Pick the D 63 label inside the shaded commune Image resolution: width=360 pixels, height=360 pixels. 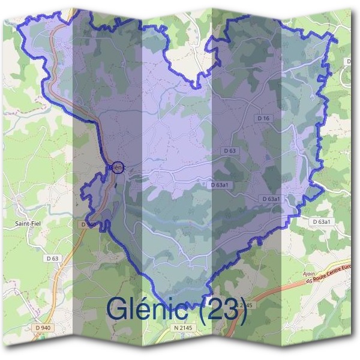coord(229,150)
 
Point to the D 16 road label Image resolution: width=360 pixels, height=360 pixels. coord(263,119)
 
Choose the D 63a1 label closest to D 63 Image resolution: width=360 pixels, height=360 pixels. coord(220,185)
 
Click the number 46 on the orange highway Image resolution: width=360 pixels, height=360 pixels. coord(308,280)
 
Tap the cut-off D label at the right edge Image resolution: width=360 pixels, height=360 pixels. coord(349,61)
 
